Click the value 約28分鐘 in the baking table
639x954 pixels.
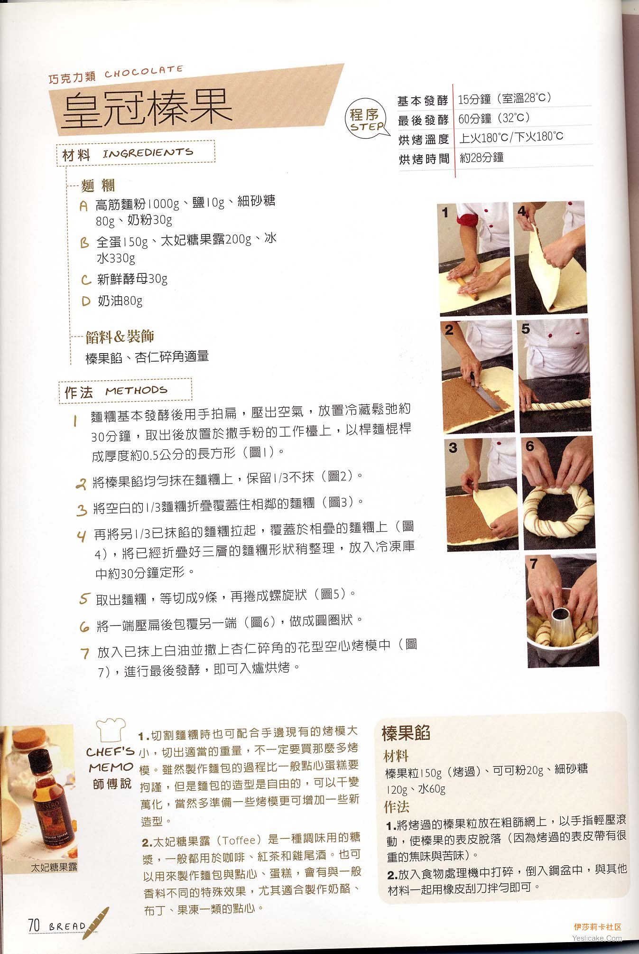click(x=482, y=158)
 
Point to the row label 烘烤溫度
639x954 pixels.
click(x=423, y=139)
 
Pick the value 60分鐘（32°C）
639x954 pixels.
click(x=494, y=118)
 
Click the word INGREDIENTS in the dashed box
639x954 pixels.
click(x=148, y=153)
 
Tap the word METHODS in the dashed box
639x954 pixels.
click(x=137, y=391)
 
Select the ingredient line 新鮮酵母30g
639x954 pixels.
click(x=132, y=279)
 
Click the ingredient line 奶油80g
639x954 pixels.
click(x=120, y=300)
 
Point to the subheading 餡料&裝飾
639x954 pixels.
click(x=120, y=337)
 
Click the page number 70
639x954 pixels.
click(x=34, y=925)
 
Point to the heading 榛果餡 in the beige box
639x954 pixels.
click(x=406, y=733)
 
